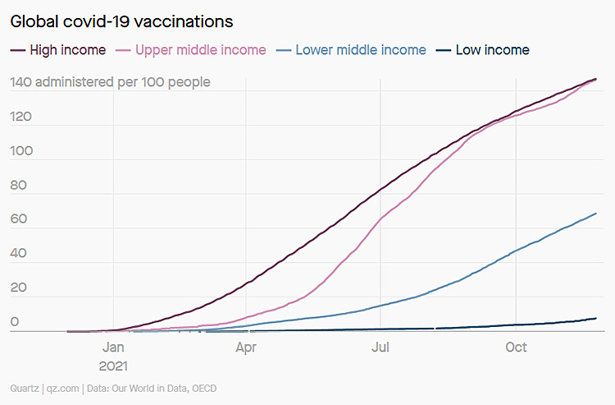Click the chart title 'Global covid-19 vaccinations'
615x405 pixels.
(121, 21)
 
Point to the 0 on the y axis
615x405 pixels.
(14, 323)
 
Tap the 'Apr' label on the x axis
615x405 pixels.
(246, 347)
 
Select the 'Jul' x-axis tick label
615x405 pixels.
(380, 347)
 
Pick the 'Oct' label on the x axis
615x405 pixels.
(516, 347)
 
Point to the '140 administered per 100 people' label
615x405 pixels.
(110, 82)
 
